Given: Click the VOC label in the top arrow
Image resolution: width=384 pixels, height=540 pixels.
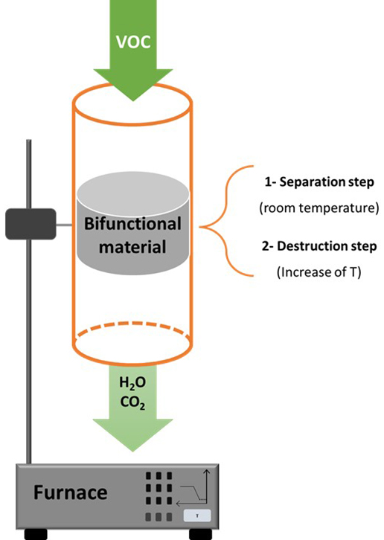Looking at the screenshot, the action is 133,42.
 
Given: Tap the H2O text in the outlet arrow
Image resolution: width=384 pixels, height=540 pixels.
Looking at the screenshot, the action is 132,383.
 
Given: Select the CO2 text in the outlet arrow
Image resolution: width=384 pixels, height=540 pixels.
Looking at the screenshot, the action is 132,402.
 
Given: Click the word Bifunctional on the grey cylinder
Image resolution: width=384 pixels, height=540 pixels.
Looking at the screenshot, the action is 132,224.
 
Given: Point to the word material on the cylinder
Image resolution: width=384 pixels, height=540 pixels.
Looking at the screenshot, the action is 132,247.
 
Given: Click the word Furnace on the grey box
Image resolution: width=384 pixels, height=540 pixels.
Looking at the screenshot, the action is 70,492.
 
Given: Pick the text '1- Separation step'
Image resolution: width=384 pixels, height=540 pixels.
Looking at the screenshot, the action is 319,181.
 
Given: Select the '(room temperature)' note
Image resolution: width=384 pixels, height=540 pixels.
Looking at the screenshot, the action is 319,208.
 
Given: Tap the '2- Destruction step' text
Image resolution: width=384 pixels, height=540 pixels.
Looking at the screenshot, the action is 319,246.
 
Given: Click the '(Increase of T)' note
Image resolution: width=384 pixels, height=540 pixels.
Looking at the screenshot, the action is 319,272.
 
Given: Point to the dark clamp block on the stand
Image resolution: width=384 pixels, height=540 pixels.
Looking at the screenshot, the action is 31,224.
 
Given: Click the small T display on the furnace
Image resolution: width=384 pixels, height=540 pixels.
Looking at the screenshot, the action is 196,516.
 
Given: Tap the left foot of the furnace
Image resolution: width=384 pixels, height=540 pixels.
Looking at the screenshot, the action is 36,534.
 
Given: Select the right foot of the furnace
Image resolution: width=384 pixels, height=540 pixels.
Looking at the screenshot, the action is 201,534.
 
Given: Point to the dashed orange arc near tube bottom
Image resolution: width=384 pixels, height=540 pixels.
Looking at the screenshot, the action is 132,324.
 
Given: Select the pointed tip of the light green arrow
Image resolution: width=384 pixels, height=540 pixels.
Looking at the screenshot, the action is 132,451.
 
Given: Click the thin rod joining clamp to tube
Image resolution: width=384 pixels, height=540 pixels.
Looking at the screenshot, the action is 65,225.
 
